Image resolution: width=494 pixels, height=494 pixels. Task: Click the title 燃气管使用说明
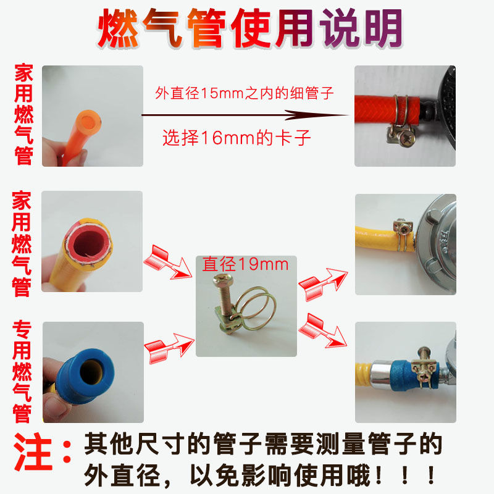coord(250,28)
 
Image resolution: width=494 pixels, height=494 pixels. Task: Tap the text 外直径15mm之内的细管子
coord(244,93)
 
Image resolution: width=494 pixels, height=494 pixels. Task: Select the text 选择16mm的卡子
coord(237,138)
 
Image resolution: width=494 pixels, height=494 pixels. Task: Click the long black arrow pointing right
coord(245,115)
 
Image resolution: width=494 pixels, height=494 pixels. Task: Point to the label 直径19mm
coord(245,264)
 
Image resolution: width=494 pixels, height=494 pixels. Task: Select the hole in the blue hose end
coord(91,372)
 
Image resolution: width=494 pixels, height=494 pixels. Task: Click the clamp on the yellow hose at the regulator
coord(403,234)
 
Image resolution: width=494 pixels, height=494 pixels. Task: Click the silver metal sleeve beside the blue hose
coord(380,375)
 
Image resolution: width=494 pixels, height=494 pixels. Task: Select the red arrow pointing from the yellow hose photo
coord(167,262)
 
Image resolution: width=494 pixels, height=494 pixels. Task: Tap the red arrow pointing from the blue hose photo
coord(169,348)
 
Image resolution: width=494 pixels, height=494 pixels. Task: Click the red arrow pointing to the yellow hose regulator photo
coord(323,284)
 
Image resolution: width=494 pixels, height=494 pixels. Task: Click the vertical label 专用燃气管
coord(22,372)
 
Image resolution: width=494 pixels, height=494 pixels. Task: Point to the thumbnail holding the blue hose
coord(93,372)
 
